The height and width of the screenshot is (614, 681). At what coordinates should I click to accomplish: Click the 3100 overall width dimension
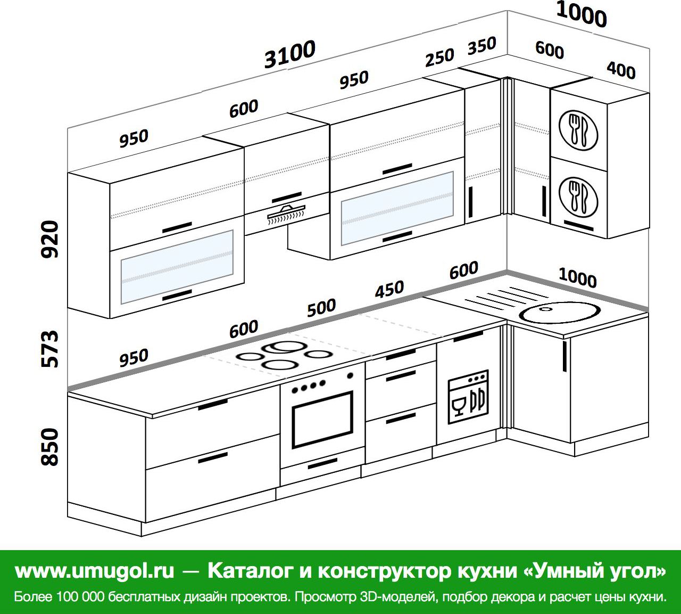pyautogui.click(x=289, y=54)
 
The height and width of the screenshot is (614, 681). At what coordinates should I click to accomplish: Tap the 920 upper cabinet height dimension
pyautogui.click(x=49, y=239)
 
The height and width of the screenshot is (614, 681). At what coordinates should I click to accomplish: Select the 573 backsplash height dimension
pyautogui.click(x=49, y=349)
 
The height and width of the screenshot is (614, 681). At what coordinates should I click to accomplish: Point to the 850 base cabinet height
pyautogui.click(x=49, y=446)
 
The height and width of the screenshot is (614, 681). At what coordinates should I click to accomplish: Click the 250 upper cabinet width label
pyautogui.click(x=439, y=58)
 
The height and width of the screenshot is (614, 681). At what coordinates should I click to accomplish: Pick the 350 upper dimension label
pyautogui.click(x=481, y=46)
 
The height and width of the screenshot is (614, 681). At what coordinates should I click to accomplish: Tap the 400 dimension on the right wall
pyautogui.click(x=621, y=70)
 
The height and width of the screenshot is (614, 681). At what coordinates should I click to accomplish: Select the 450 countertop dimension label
pyautogui.click(x=389, y=289)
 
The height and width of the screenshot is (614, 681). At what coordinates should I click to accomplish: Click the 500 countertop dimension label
pyautogui.click(x=321, y=307)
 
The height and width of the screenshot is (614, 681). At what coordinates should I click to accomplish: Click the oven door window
pyautogui.click(x=322, y=420)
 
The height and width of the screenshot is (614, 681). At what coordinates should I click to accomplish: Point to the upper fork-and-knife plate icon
pyautogui.click(x=578, y=130)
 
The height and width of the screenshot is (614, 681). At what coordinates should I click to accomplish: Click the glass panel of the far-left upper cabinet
pyautogui.click(x=177, y=267)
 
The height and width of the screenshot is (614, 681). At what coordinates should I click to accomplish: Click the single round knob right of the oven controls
pyautogui.click(x=350, y=375)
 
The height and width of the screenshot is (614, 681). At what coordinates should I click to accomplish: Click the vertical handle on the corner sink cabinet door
pyautogui.click(x=564, y=356)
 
